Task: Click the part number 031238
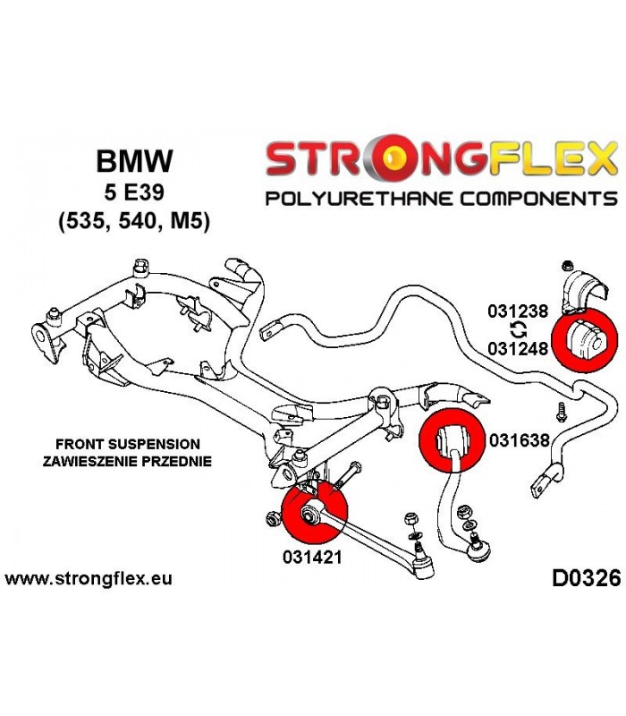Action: pyautogui.click(x=518, y=311)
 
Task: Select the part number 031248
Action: pyautogui.click(x=518, y=349)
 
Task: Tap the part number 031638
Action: pyautogui.click(x=520, y=440)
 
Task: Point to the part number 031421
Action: pyautogui.click(x=312, y=557)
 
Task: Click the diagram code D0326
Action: pyautogui.click(x=587, y=578)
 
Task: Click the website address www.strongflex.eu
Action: pyautogui.click(x=89, y=579)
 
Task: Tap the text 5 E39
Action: pyautogui.click(x=134, y=192)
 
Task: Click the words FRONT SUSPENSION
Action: pyautogui.click(x=128, y=444)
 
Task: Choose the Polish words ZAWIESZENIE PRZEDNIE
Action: pyautogui.click(x=127, y=461)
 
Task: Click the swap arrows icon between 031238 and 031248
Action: pyautogui.click(x=518, y=330)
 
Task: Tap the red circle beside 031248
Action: pyautogui.click(x=585, y=340)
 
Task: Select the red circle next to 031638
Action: pyautogui.click(x=452, y=439)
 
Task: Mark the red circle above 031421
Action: pyautogui.click(x=315, y=512)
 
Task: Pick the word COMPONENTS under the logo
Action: pyautogui.click(x=538, y=199)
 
